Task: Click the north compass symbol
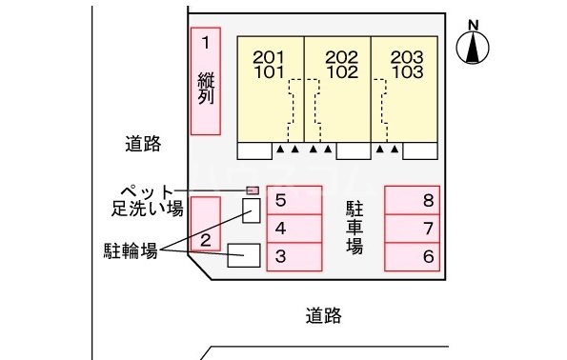click(x=474, y=46)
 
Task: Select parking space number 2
click(x=206, y=225)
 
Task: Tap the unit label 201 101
click(x=271, y=64)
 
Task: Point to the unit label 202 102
click(x=339, y=64)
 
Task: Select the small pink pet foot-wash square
click(x=253, y=190)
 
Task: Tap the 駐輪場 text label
click(x=131, y=250)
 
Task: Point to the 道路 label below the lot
click(x=324, y=314)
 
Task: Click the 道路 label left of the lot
click(x=143, y=145)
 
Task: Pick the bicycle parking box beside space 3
click(x=244, y=254)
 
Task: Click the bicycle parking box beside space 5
click(x=252, y=210)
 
